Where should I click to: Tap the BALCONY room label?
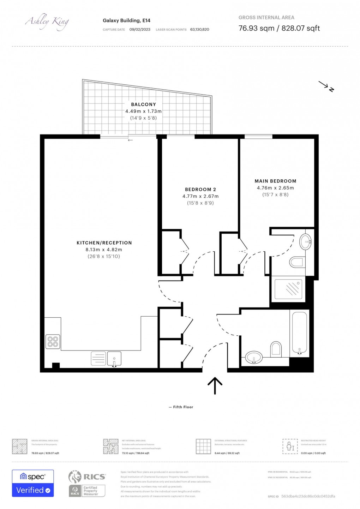coord(143,104)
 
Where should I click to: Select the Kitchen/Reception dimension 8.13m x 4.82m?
coord(104,250)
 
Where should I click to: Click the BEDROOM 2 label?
coord(200,190)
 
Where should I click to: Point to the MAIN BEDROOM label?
coord(275,181)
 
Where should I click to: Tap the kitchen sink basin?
coord(114,358)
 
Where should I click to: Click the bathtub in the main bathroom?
coord(300,332)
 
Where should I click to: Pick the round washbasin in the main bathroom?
coord(253,357)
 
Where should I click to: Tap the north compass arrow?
coord(326,86)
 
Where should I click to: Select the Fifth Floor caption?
coord(181,407)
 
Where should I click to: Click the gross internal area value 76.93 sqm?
coord(256,28)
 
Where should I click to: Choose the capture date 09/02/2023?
coord(140,30)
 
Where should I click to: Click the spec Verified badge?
coord(33,483)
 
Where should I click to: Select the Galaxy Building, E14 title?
coord(126,20)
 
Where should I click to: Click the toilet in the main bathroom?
coord(276,349)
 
